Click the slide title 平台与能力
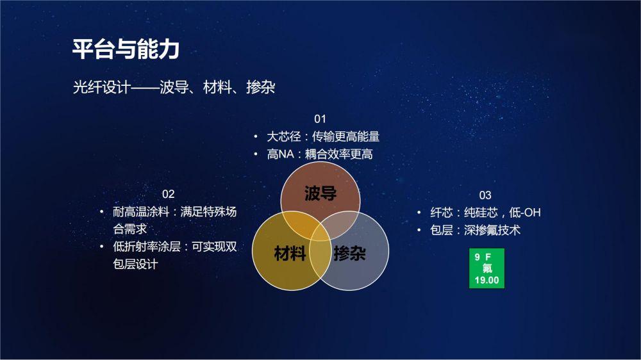pyautogui.click(x=126, y=49)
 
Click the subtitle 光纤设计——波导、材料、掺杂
pyautogui.click(x=174, y=87)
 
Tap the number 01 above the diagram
pyautogui.click(x=320, y=119)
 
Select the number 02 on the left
pyautogui.click(x=168, y=193)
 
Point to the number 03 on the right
pyautogui.click(x=485, y=195)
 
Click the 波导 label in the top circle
pyautogui.click(x=320, y=193)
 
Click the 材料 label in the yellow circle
pyautogui.click(x=290, y=254)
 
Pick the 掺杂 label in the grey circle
pyautogui.click(x=349, y=254)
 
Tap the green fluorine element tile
pyautogui.click(x=487, y=268)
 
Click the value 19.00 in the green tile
pyautogui.click(x=487, y=281)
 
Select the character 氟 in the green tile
pyautogui.click(x=487, y=268)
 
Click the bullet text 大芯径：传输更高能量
pyautogui.click(x=323, y=136)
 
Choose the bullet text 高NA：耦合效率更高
pyautogui.click(x=320, y=154)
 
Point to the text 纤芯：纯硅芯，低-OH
pyautogui.click(x=485, y=213)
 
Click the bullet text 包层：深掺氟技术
pyautogui.click(x=475, y=230)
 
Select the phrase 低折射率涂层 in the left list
pyautogui.click(x=147, y=247)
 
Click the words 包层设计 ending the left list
pyautogui.click(x=135, y=264)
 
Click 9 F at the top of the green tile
pyautogui.click(x=483, y=257)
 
